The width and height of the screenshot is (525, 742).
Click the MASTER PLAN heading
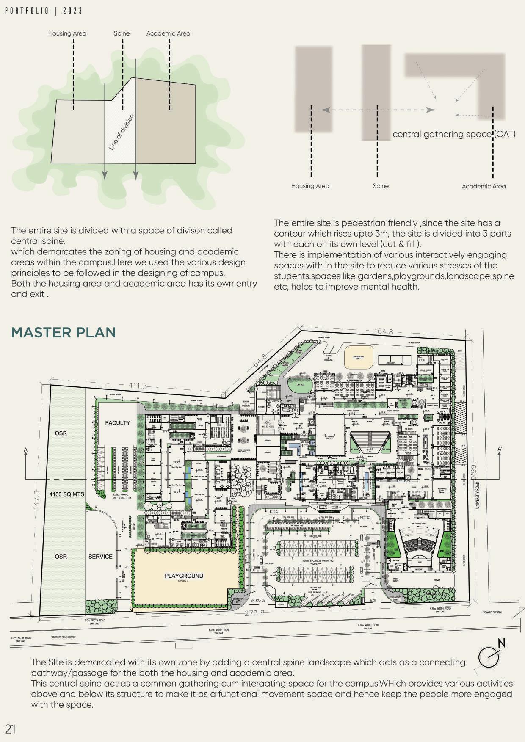pyautogui.click(x=64, y=332)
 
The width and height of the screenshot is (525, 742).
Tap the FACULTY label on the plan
pyautogui.click(x=118, y=422)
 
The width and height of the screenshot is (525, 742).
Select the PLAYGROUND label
pyautogui.click(x=184, y=576)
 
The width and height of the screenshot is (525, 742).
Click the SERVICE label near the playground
pyautogui.click(x=100, y=557)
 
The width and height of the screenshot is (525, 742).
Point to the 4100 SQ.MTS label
pyautogui.click(x=67, y=494)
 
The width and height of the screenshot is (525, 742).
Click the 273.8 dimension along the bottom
pyautogui.click(x=254, y=612)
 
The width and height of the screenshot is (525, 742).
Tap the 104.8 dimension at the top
pyautogui.click(x=384, y=331)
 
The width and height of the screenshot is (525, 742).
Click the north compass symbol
pyautogui.click(x=491, y=655)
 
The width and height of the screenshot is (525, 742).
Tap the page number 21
pyautogui.click(x=10, y=729)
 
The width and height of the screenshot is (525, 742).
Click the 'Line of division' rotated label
pyautogui.click(x=122, y=132)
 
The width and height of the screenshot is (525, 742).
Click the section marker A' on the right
pyautogui.click(x=500, y=449)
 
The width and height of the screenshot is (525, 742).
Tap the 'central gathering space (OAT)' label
pyautogui.click(x=454, y=134)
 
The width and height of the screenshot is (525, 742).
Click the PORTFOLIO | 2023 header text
pyautogui.click(x=44, y=11)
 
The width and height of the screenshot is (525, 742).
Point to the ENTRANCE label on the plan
pyautogui.click(x=257, y=600)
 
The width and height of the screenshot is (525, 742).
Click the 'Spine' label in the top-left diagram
pyautogui.click(x=122, y=33)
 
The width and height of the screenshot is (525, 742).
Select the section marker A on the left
pyautogui.click(x=26, y=450)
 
